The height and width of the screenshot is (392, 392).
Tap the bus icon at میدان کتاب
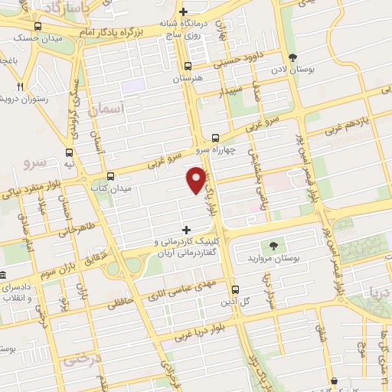coord(111,175)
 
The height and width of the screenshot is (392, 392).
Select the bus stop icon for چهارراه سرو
coord(224,138)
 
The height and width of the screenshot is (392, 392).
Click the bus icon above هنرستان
coord(188,67)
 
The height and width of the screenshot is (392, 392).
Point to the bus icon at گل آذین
coord(234,290)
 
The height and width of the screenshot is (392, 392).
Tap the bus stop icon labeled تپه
coord(70,152)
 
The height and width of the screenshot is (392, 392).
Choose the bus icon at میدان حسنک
coord(38,26)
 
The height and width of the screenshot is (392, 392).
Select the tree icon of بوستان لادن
coord(292,57)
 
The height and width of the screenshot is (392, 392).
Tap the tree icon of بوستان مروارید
coord(273,245)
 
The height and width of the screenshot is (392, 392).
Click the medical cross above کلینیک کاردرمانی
coord(186,229)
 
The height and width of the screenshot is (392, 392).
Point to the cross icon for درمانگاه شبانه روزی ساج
coord(183,11)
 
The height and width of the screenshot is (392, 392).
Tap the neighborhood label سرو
coord(35,162)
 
